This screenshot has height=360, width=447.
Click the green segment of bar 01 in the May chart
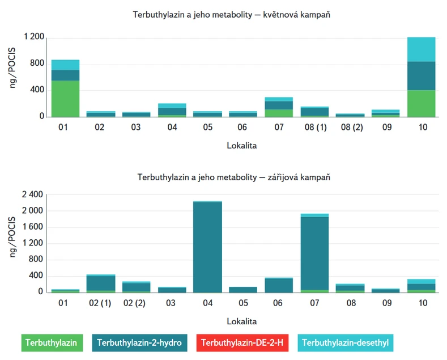click(x=65, y=99)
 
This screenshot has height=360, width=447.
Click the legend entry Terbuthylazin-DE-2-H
click(x=242, y=343)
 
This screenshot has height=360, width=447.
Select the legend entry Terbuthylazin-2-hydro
click(x=139, y=343)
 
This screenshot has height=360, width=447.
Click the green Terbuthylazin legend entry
click(x=52, y=343)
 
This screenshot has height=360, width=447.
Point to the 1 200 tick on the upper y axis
click(x=33, y=37)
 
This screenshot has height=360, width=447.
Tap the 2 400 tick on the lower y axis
click(x=32, y=194)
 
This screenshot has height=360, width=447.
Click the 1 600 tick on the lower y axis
click(x=32, y=227)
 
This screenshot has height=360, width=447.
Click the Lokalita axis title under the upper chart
click(x=242, y=146)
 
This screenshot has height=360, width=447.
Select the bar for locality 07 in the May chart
click(x=279, y=107)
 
